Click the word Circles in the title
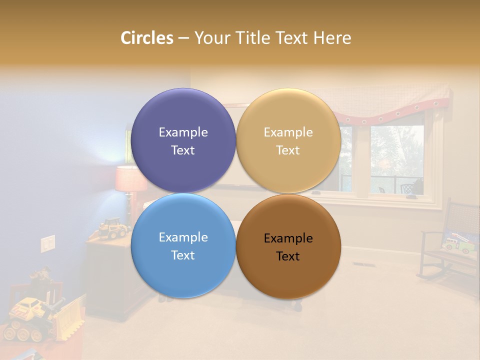point(147,38)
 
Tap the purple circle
point(183,115)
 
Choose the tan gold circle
point(288,115)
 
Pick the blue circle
point(183,270)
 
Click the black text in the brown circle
point(288,247)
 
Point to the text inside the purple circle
point(183,141)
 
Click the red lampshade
point(130,179)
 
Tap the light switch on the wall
point(47,243)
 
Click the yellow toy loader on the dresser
point(113,228)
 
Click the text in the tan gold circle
point(288,141)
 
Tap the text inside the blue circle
point(183,246)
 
